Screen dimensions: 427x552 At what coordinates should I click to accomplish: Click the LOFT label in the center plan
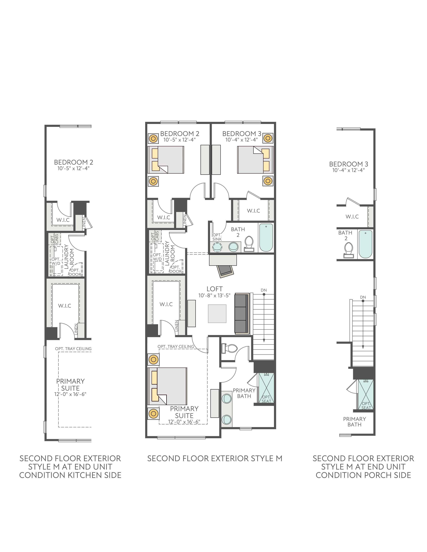pos(215,289)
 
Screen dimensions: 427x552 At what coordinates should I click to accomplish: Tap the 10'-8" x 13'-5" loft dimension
pos(214,295)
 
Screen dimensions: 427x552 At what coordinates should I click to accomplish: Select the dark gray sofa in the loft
pos(242,313)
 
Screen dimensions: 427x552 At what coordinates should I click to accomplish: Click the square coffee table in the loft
pos(217,314)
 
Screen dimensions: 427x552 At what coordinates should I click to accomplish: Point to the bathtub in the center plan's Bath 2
pos(266,238)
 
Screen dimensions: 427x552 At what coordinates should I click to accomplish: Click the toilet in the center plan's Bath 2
pos(249,244)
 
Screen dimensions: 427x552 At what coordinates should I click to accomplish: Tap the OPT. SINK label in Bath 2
pos(217,237)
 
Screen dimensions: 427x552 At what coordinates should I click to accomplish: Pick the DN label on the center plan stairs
pos(264,290)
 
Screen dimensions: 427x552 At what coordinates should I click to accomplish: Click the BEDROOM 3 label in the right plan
pos(349,164)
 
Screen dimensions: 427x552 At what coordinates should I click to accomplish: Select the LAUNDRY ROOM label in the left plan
pos(69,257)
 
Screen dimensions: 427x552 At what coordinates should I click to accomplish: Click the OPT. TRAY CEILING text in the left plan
pos(73,349)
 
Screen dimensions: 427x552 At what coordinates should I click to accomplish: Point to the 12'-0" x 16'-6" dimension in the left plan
pos(70,394)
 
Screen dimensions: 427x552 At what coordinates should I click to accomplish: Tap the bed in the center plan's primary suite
pos(167,386)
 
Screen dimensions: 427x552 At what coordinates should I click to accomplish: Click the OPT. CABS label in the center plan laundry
pos(155,236)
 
